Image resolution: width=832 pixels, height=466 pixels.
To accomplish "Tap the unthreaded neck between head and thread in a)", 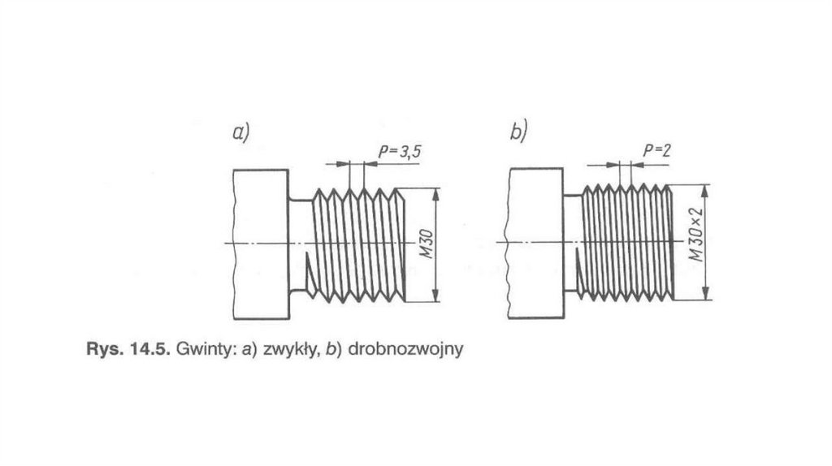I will click(300, 244).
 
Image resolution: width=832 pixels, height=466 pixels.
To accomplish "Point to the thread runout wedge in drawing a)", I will click(310, 277).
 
